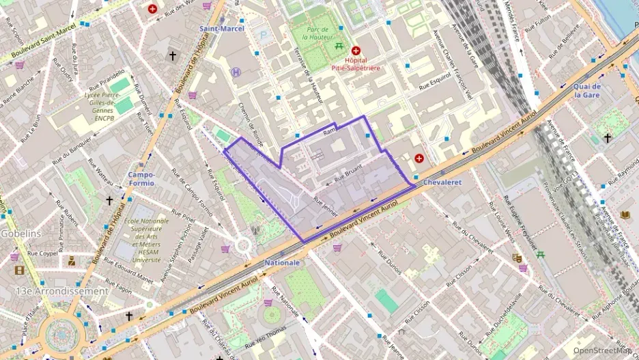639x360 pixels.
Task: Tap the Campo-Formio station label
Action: click(x=141, y=179)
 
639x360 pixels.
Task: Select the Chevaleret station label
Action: click(x=442, y=183)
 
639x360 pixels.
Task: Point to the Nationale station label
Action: click(x=282, y=262)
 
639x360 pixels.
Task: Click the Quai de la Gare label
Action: click(x=586, y=91)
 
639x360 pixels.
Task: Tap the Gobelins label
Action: click(x=20, y=234)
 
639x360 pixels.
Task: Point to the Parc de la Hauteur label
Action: click(x=317, y=33)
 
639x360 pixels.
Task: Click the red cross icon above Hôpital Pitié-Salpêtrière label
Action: click(x=356, y=51)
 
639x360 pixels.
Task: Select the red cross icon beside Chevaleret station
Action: click(x=418, y=158)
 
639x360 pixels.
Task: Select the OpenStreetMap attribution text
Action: click(x=602, y=350)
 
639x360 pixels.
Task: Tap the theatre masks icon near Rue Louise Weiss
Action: click(x=517, y=258)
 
